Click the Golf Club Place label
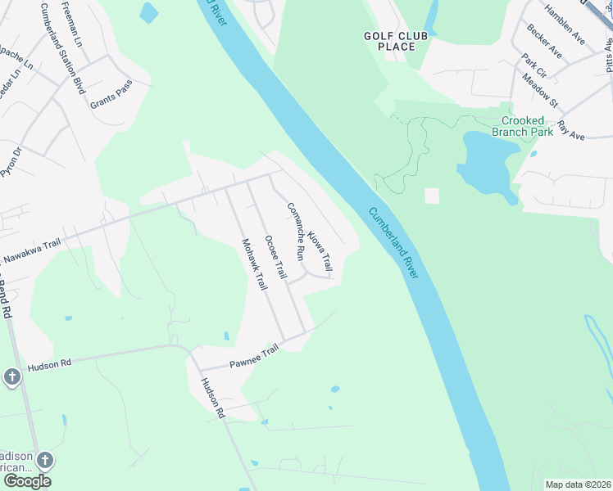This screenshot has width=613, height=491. (389, 41)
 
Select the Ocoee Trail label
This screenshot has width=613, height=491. (275, 258)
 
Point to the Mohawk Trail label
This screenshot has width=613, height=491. (254, 264)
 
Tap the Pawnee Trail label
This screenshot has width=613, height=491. (254, 355)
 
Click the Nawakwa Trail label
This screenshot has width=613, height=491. (32, 252)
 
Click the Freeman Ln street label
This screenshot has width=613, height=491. (78, 28)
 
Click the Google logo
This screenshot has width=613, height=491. (27, 481)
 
